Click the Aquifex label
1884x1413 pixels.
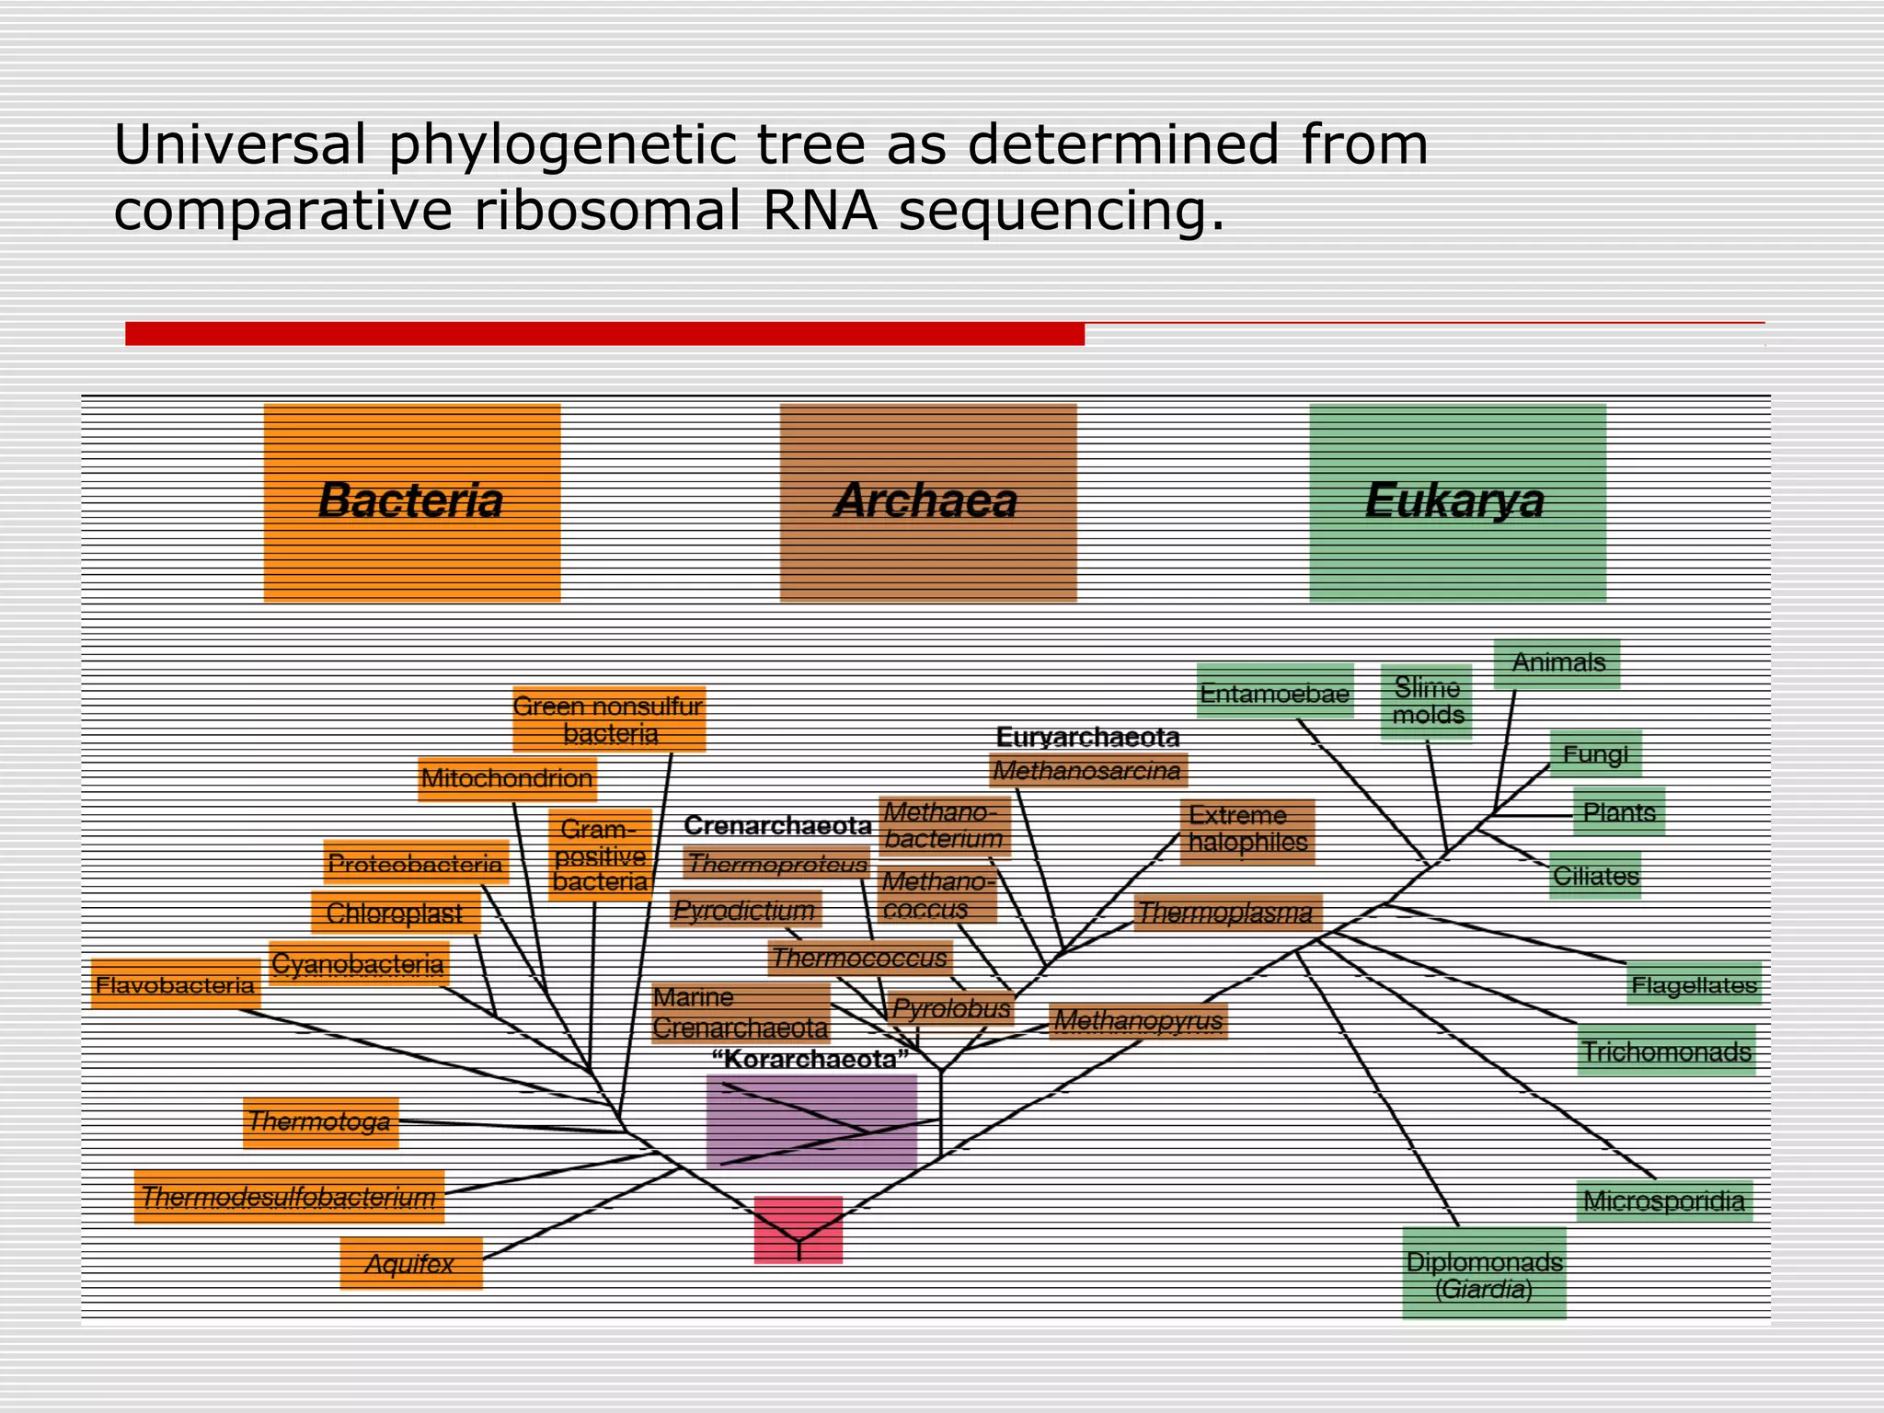(x=410, y=1263)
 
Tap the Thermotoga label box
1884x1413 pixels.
(x=320, y=1121)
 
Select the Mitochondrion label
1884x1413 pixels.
(x=507, y=779)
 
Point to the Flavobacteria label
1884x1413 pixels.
(x=176, y=985)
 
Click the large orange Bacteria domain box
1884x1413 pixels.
(x=412, y=502)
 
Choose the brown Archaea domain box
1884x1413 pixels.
(x=927, y=502)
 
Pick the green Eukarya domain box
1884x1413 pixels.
(x=1457, y=502)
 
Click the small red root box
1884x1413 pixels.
(x=798, y=1228)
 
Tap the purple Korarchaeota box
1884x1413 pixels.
(x=811, y=1121)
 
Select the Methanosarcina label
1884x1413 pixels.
(x=1087, y=771)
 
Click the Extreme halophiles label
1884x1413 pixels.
(x=1247, y=829)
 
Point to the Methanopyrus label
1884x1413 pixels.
(x=1138, y=1020)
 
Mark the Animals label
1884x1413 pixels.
(x=1557, y=662)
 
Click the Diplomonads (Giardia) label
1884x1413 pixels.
(x=1484, y=1274)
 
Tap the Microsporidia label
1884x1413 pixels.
(x=1663, y=1200)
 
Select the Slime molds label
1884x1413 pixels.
(x=1427, y=701)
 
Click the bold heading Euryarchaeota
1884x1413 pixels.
(x=1087, y=737)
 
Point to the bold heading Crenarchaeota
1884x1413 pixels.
(x=777, y=825)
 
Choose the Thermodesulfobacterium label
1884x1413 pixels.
(x=289, y=1197)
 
